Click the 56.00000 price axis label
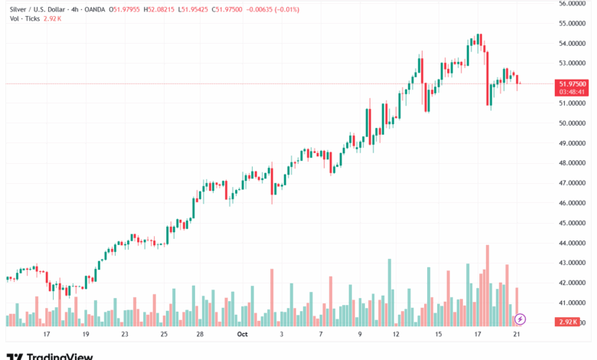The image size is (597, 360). click(573, 3)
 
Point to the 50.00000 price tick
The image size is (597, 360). click(573, 123)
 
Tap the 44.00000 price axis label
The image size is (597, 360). click(573, 243)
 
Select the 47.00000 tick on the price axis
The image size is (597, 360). click(573, 183)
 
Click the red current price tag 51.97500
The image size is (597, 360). click(573, 83)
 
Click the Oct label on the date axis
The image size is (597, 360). click(243, 335)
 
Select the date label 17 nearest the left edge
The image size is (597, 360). click(46, 335)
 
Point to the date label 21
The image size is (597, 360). click(517, 335)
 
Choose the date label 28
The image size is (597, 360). click(199, 335)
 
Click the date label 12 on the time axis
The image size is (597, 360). click(396, 335)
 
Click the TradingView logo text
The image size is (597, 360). click(60, 356)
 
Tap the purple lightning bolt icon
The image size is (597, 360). click(520, 319)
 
